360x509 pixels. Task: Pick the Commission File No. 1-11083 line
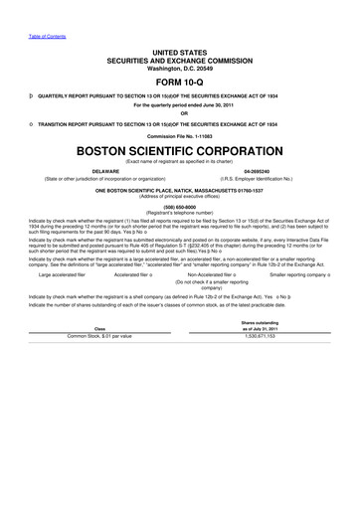[x=180, y=135]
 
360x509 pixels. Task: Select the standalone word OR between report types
[x=180, y=111]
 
